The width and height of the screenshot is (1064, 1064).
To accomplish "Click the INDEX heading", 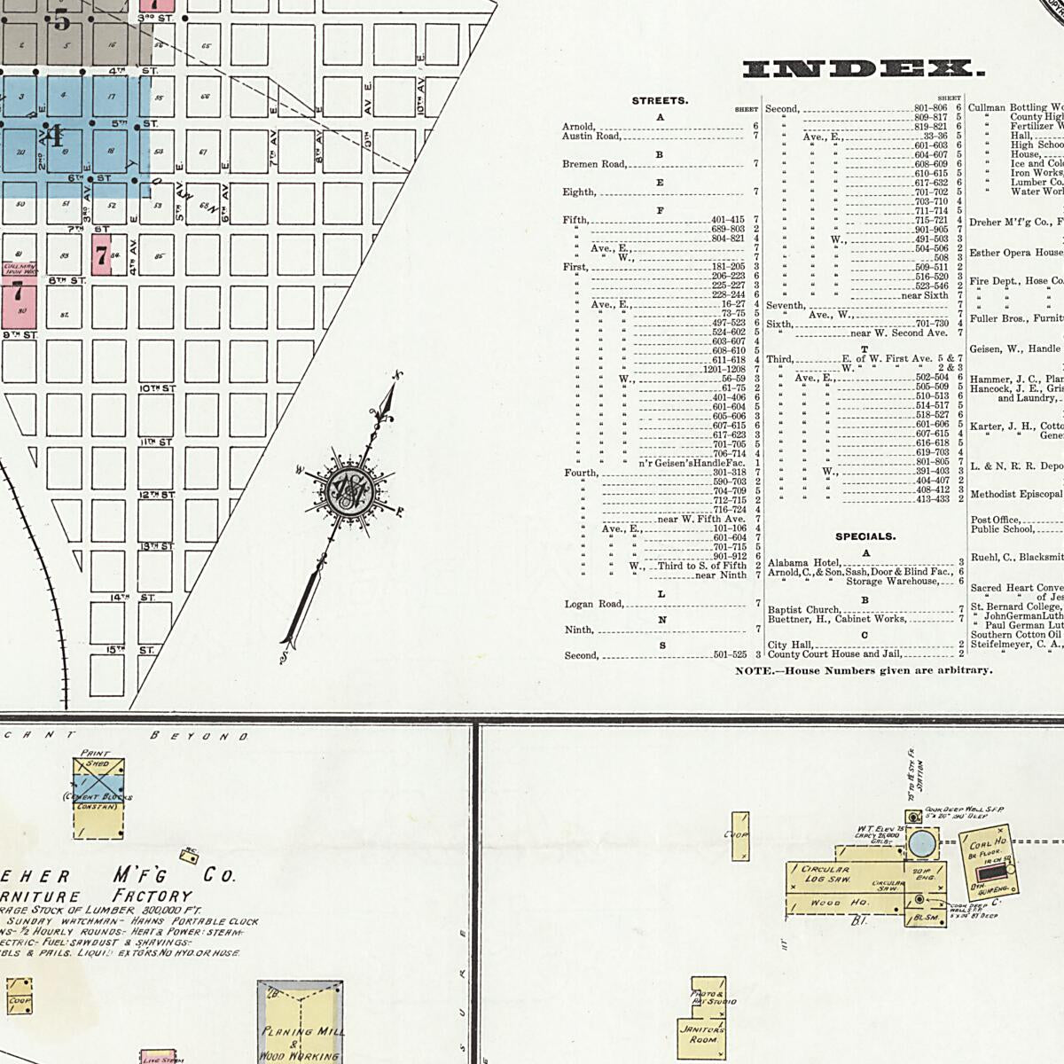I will pos(862,69).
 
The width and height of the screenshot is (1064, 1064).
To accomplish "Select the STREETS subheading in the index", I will pos(659,101).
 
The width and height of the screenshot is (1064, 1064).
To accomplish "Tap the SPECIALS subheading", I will pos(864,536).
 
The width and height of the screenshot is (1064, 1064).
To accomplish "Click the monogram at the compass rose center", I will pos(342,491).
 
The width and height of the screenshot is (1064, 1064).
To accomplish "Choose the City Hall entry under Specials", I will pos(790,645).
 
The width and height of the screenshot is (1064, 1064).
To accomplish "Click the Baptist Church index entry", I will pos(803,610).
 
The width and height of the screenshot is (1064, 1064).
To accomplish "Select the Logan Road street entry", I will pos(594,605).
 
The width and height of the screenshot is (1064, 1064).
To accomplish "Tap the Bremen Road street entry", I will pos(594,164).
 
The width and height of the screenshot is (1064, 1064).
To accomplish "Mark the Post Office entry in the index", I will pos(995,520).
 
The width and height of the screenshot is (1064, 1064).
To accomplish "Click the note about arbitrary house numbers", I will pos(864,670).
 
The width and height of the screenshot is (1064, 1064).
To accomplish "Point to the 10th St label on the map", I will pos(157,388).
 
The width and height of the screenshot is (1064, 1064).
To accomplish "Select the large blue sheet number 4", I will pos(53,137).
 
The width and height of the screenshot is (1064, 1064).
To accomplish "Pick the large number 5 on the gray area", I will pos(61,19).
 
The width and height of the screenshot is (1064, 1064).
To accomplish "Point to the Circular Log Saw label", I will pos(825,874).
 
